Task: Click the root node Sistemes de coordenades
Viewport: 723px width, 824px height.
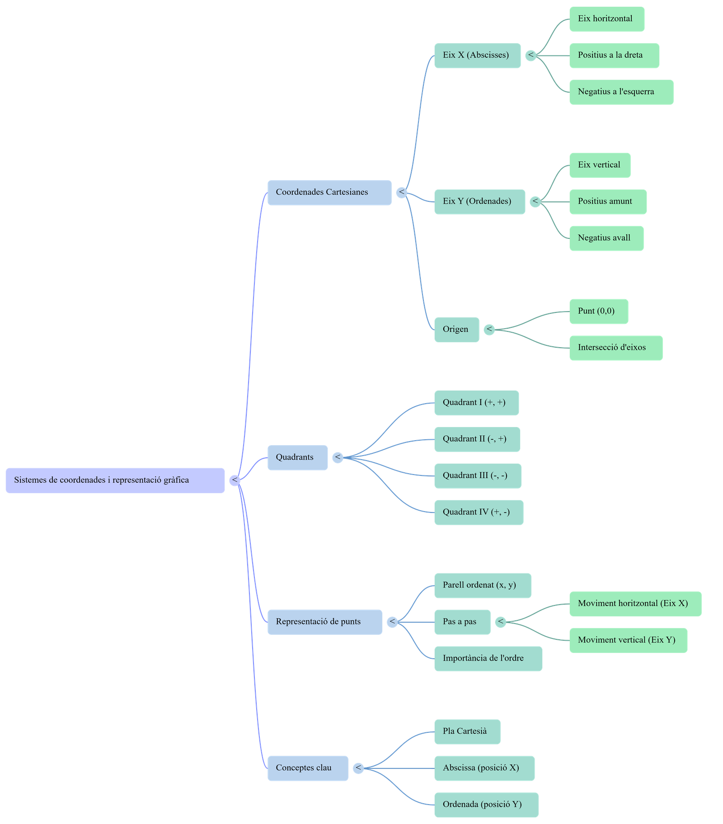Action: [115, 480]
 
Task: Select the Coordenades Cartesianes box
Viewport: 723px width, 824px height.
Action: [329, 192]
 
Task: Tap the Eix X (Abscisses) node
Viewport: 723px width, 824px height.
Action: [477, 56]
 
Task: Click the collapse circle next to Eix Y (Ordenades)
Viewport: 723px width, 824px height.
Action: [535, 201]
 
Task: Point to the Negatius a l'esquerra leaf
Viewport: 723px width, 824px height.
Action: [621, 92]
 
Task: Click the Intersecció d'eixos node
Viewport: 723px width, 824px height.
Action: [615, 348]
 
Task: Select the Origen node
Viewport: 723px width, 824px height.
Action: [456, 330]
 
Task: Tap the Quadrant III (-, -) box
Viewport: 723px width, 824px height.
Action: [478, 475]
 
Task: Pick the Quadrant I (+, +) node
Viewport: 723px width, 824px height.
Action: [476, 403]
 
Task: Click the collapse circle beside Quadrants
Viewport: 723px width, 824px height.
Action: [338, 457]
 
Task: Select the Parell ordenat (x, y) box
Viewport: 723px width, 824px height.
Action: [483, 585]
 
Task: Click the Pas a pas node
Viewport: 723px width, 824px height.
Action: [462, 622]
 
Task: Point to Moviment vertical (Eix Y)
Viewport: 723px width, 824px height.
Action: [628, 640]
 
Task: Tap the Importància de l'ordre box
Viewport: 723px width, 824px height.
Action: [488, 658]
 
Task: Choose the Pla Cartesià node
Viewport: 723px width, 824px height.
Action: [467, 731]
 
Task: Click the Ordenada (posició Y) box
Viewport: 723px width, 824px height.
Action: [486, 805]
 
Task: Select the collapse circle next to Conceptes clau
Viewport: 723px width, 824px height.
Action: [358, 768]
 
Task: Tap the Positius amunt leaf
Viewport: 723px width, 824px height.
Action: [607, 201]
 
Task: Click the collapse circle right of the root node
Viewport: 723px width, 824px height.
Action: [235, 480]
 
